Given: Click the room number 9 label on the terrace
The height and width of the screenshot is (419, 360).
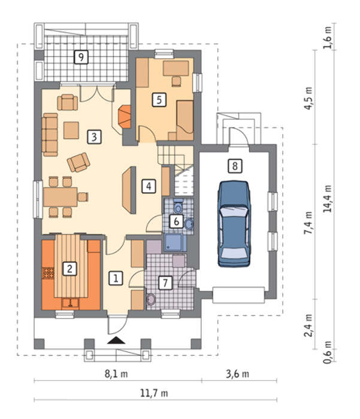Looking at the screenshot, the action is point(81,57).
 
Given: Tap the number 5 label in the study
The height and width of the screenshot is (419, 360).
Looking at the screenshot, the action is point(159,100).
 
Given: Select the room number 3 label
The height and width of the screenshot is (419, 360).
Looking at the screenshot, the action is point(94,137).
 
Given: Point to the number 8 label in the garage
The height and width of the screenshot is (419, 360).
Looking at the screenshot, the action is point(235,166).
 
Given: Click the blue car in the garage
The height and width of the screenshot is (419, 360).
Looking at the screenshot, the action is point(234,224).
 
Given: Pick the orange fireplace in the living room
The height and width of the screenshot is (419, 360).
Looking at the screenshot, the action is point(125,117).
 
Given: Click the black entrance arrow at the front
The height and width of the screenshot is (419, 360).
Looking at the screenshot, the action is point(116,340).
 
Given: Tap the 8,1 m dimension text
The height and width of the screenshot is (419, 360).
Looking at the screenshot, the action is point(116,374).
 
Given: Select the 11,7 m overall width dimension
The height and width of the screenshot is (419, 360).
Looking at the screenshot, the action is point(154,393).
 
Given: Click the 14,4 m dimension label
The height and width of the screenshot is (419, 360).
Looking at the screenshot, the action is point(327,199).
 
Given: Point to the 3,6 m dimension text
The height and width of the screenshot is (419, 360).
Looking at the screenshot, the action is point(237,374).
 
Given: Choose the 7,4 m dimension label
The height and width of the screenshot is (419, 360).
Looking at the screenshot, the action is point(308,223).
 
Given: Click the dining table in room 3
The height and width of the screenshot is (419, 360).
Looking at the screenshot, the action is point(60,197).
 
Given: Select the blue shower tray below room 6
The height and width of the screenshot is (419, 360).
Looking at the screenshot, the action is point(175,242).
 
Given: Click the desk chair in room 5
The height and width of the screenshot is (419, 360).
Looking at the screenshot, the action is point(176,81).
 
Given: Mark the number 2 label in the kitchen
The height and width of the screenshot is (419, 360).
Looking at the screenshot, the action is point(69,269).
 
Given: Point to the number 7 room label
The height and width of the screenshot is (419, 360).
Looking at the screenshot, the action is point(165,283).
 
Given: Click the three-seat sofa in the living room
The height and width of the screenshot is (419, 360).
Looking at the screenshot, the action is point(50,135).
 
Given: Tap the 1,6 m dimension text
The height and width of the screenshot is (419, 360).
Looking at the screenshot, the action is point(328,37).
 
